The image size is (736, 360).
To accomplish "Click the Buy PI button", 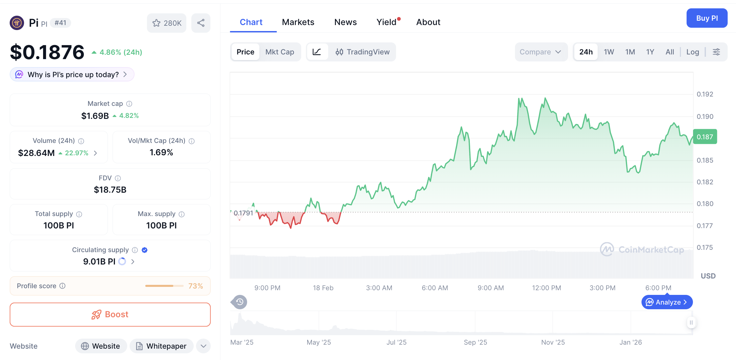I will point(707,18).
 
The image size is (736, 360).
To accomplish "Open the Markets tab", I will point(298,22).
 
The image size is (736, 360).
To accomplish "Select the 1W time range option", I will point(609,52).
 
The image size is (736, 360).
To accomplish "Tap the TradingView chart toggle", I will point(363,52).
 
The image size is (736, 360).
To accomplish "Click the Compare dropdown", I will point(540,52).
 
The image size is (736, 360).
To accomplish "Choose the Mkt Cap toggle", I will point(280,52).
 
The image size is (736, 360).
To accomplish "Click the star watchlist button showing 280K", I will point(167,23).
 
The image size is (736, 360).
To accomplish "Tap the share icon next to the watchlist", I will point(201,23).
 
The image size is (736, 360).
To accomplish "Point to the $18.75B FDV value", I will point(110,190).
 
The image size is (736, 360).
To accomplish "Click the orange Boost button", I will point(110,315).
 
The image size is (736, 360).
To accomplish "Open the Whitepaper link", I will point(162,346).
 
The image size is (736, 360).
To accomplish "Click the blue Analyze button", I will point(667,302).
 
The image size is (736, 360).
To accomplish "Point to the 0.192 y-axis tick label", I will point(705,94).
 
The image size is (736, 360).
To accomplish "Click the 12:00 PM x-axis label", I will point(546,288).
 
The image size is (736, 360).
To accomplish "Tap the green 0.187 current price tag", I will point(705,137).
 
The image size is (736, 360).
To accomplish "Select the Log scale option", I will point(693,52).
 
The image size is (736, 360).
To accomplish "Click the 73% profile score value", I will point(195,286).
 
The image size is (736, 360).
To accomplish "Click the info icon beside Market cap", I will point(129,104).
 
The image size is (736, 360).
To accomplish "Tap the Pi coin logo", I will point(17,23).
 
